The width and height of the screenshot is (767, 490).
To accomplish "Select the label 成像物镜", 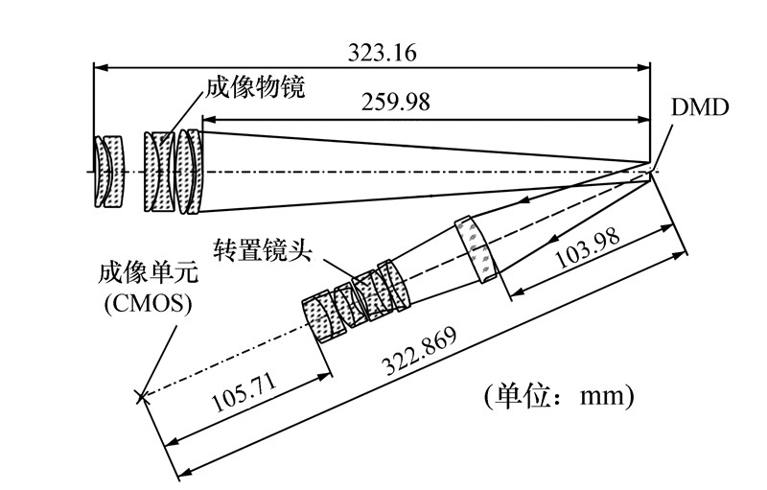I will pyautogui.click(x=255, y=88).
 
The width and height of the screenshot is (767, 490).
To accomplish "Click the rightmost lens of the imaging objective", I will pyautogui.click(x=196, y=172).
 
